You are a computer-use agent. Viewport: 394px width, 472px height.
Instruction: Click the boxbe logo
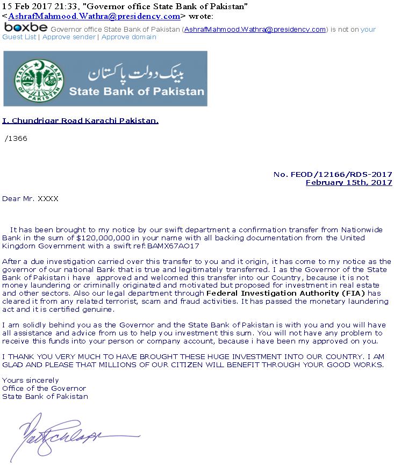coord(25,27)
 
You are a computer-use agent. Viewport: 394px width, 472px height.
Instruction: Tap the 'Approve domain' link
coord(128,37)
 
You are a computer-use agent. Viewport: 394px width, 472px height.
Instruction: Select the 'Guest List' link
coord(19,37)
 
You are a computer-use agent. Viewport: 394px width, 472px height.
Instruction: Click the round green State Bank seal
coord(37,78)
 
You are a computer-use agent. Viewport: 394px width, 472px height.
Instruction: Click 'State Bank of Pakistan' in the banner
coord(137,91)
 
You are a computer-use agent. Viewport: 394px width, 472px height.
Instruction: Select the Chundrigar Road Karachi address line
coord(80,121)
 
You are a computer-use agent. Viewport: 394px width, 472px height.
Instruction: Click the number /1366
coord(16,139)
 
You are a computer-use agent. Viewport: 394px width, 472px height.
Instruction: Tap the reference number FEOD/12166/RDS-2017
coord(333,174)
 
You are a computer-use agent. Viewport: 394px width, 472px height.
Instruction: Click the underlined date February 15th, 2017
coord(349,183)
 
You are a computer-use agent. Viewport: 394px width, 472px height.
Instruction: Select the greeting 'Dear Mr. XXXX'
coord(30,199)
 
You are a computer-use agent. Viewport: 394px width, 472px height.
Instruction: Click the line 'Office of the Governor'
coord(44,389)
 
